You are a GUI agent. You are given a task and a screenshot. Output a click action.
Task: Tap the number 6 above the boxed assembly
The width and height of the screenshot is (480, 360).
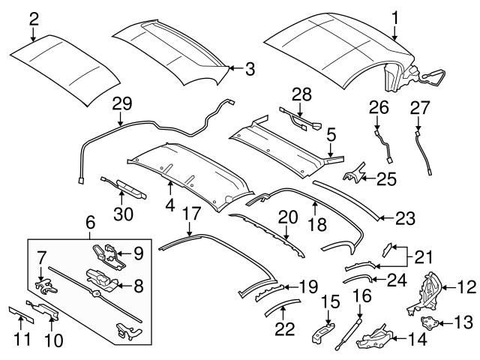pyautogui.click(x=90, y=223)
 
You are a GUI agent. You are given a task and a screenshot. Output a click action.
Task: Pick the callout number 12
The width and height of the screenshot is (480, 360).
pyautogui.click(x=466, y=286)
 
